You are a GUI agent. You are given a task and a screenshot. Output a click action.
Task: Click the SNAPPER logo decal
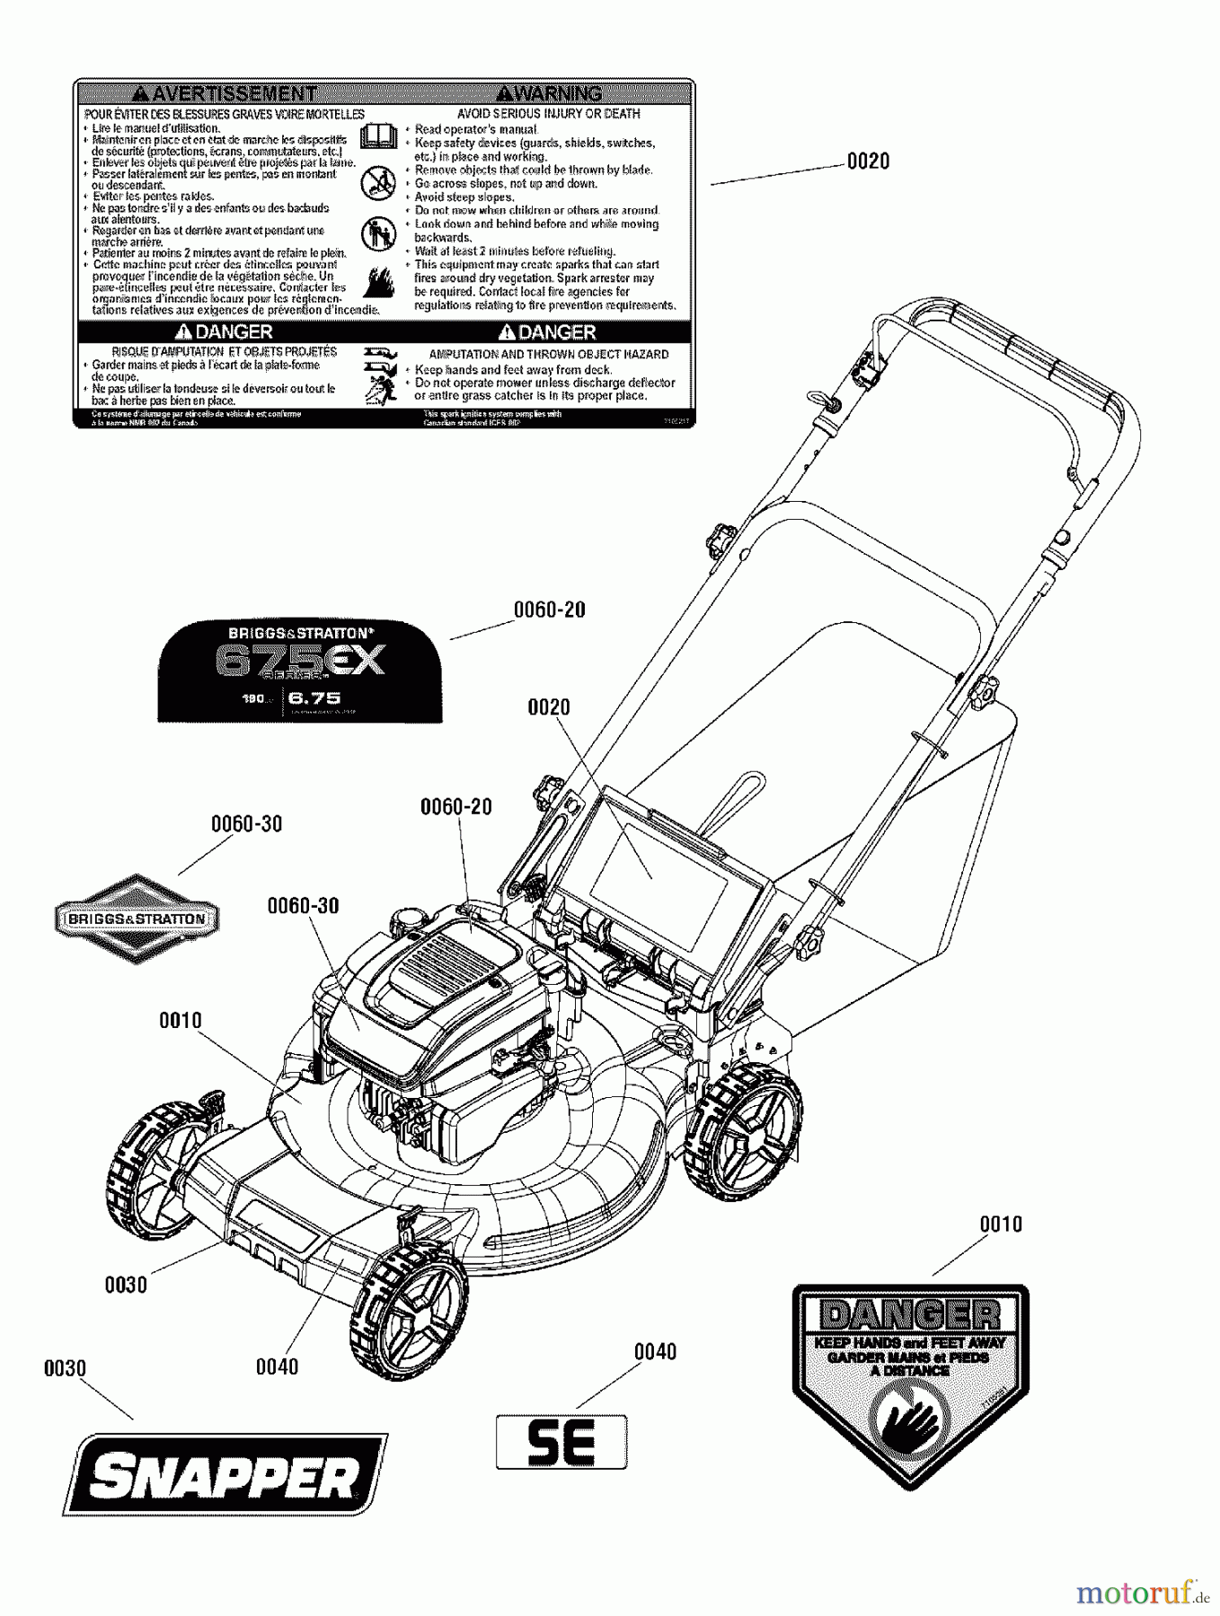225,1475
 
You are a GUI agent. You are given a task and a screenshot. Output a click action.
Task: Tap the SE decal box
561,1442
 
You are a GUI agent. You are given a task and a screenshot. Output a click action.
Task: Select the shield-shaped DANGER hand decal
910,1383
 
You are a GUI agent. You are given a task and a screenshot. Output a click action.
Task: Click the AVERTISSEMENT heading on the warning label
225,93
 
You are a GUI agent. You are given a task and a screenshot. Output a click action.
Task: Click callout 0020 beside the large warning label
868,162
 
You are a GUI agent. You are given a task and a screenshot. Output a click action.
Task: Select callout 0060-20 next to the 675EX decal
549,610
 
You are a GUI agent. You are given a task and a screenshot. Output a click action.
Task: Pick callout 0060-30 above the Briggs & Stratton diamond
246,824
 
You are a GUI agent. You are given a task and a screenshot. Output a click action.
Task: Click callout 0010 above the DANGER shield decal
1000,1225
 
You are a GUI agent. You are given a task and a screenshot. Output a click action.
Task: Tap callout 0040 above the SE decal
655,1352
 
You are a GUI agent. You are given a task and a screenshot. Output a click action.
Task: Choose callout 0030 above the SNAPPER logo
65,1369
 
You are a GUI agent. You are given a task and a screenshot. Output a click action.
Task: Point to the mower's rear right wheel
742,1131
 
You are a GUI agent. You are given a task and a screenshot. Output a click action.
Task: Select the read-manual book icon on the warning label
378,137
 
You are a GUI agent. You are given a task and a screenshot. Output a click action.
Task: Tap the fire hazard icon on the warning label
378,281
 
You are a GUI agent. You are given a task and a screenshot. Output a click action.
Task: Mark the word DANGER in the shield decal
910,1316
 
